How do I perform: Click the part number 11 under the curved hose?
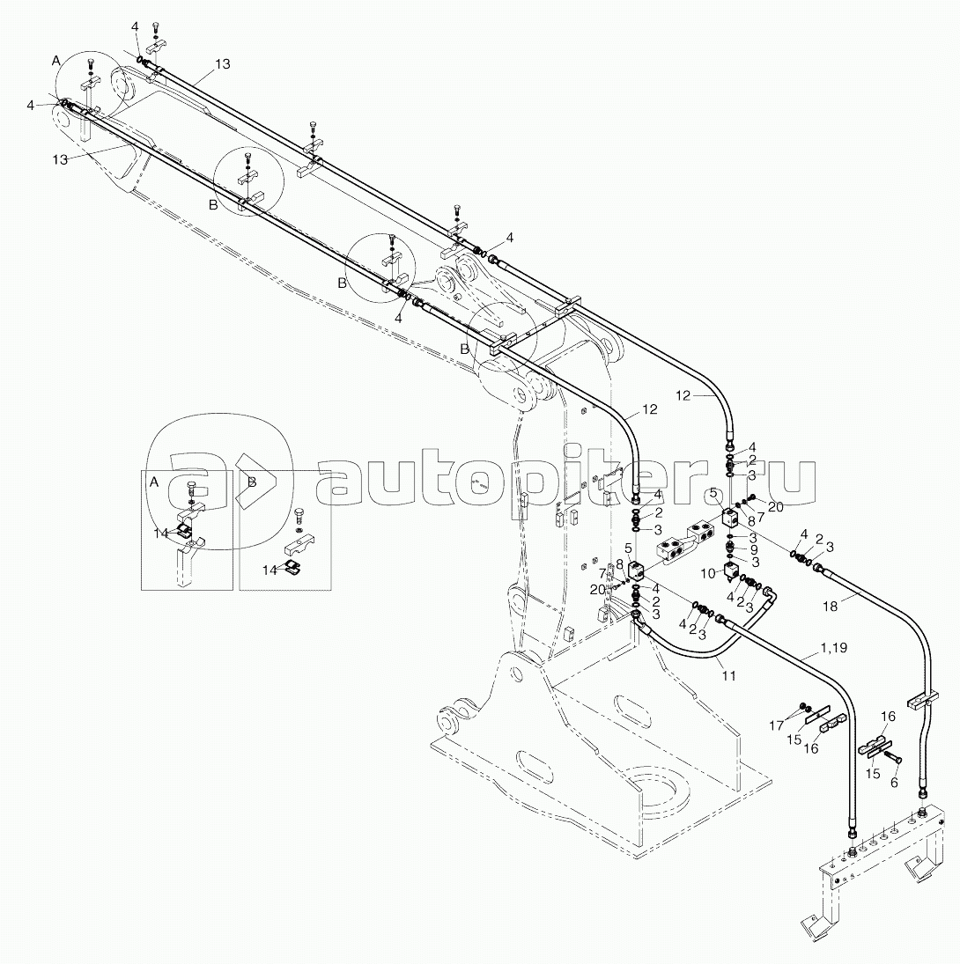728,675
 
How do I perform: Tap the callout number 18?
830,607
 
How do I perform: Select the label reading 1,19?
833,647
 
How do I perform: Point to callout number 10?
708,574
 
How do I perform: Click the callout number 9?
754,550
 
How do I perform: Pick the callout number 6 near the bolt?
894,782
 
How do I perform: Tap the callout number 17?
777,726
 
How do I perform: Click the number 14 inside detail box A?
161,533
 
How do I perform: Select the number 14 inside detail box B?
270,570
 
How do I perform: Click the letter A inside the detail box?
154,482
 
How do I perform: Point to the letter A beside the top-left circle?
56,60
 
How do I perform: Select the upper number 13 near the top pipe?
222,64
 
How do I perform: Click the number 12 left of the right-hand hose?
683,396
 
